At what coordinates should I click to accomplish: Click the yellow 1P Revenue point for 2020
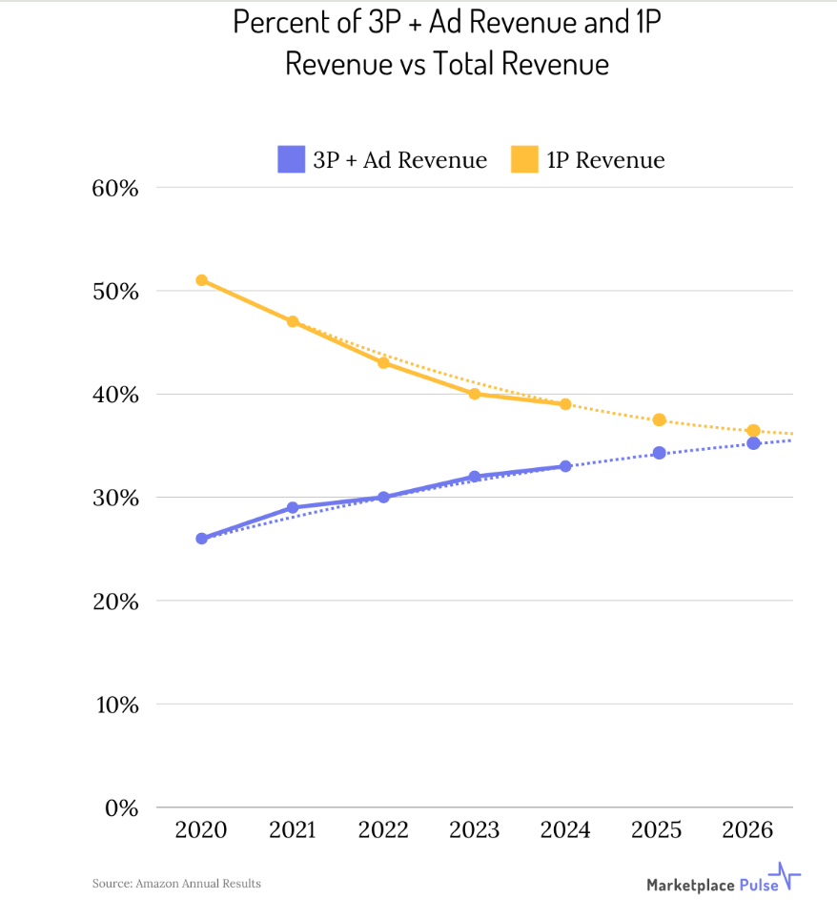[201, 280]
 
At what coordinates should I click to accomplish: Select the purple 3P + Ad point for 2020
[201, 539]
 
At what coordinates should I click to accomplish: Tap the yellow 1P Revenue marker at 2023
[475, 394]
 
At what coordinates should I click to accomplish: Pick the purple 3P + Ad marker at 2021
[293, 508]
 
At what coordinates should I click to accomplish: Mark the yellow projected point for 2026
[753, 431]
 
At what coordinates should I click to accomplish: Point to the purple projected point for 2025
[659, 453]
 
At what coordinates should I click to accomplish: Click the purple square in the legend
[291, 159]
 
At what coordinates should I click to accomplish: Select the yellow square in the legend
[523, 159]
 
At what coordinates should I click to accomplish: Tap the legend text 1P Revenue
[605, 160]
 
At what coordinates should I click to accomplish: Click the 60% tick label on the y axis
[115, 188]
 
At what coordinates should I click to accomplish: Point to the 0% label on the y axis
[121, 808]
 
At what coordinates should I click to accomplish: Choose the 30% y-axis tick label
[115, 499]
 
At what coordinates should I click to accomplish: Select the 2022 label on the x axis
[383, 830]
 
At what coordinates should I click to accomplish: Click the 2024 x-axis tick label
[565, 830]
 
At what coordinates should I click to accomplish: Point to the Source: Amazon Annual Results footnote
[176, 884]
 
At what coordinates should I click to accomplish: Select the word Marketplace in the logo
[690, 885]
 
